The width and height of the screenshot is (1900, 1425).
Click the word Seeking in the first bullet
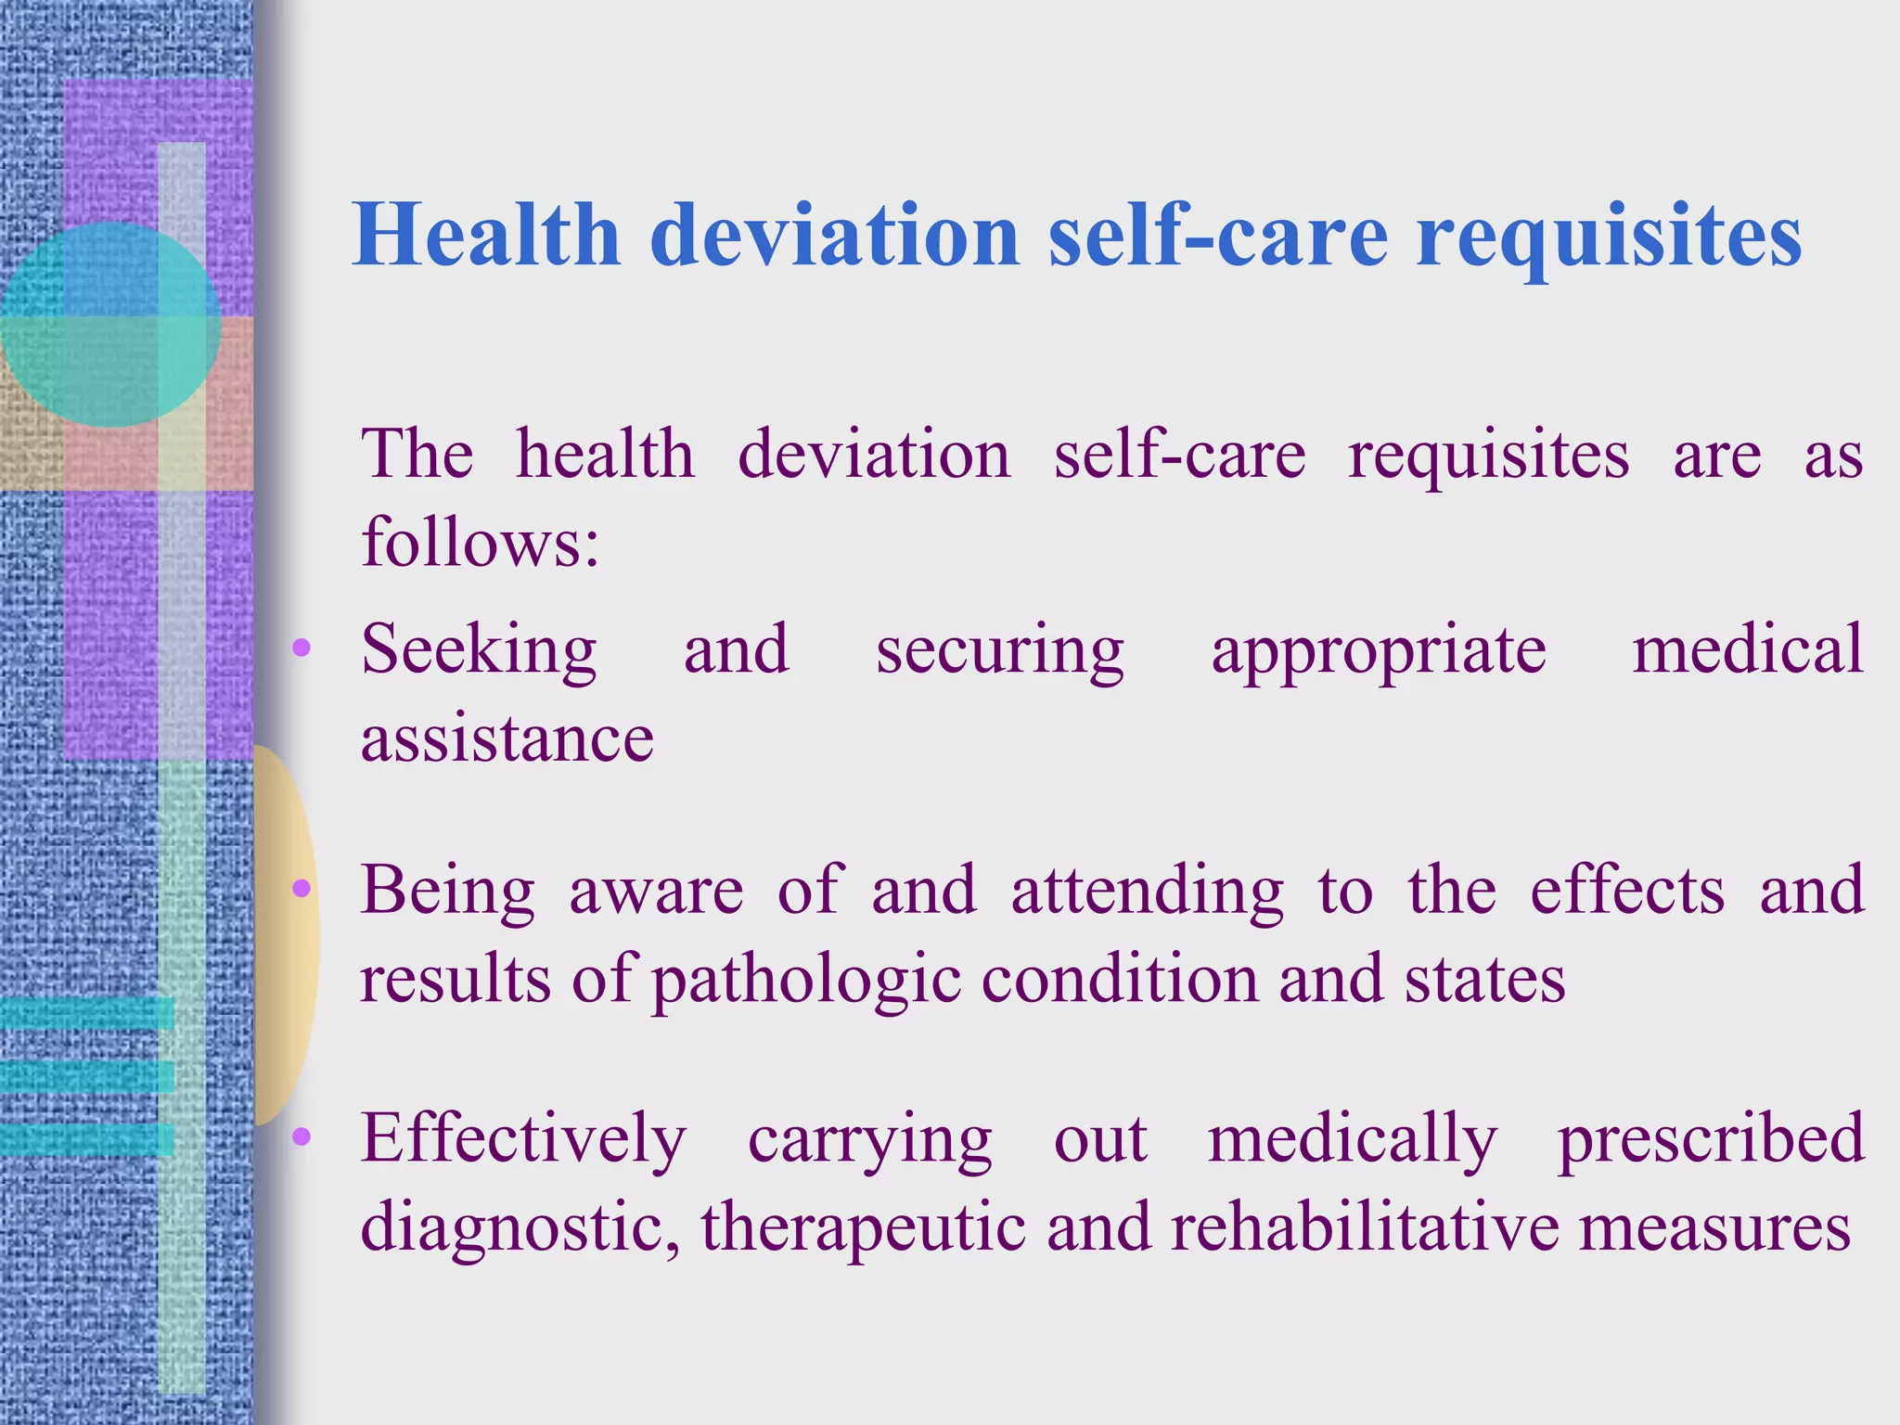[479, 651]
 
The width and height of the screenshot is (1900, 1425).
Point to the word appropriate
[1379, 653]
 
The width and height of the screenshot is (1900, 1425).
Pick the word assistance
[507, 739]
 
